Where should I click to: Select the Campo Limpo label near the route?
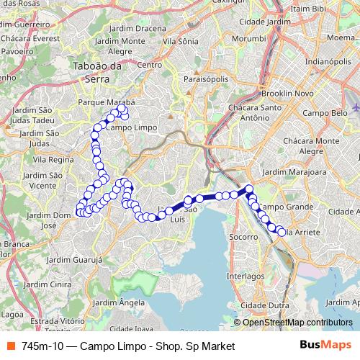tap(132, 127)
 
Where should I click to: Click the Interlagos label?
tap(246, 275)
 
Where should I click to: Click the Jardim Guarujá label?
tap(75, 258)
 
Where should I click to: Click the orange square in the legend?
tap(11, 346)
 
